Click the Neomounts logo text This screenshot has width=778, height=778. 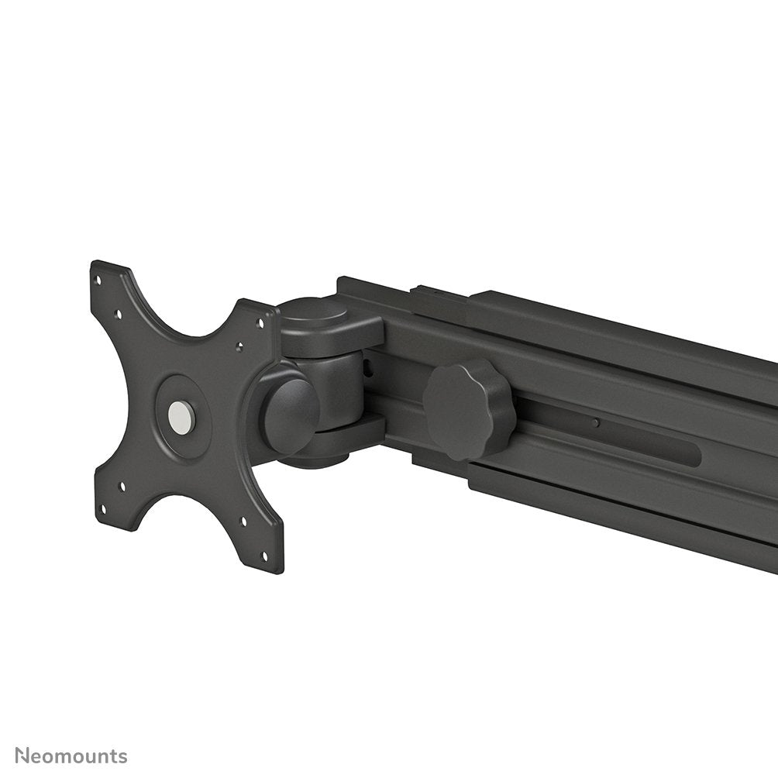(71, 756)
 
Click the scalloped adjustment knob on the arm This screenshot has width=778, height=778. (469, 408)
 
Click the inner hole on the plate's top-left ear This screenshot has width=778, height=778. (118, 315)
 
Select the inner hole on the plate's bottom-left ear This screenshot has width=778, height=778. (122, 487)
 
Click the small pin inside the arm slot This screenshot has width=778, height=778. (594, 423)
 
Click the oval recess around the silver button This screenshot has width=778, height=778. (183, 417)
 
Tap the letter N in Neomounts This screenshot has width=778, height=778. (22, 756)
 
